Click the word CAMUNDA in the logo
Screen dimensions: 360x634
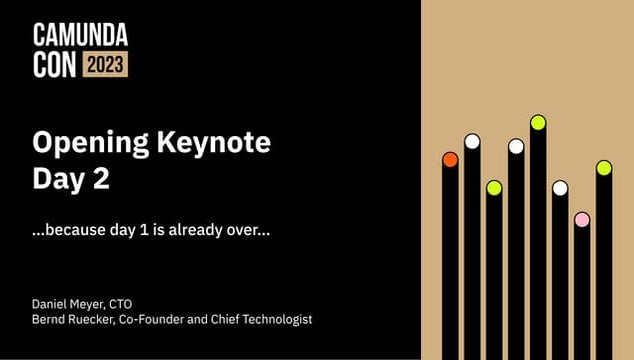(80, 37)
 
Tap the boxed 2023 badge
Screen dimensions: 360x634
(105, 65)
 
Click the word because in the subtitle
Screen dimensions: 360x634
(78, 229)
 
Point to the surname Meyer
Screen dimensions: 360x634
(97, 303)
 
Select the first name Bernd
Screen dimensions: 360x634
(51, 319)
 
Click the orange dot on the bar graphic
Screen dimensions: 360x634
(450, 159)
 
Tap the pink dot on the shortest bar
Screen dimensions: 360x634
(582, 219)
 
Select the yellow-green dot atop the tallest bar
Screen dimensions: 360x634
(538, 123)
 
